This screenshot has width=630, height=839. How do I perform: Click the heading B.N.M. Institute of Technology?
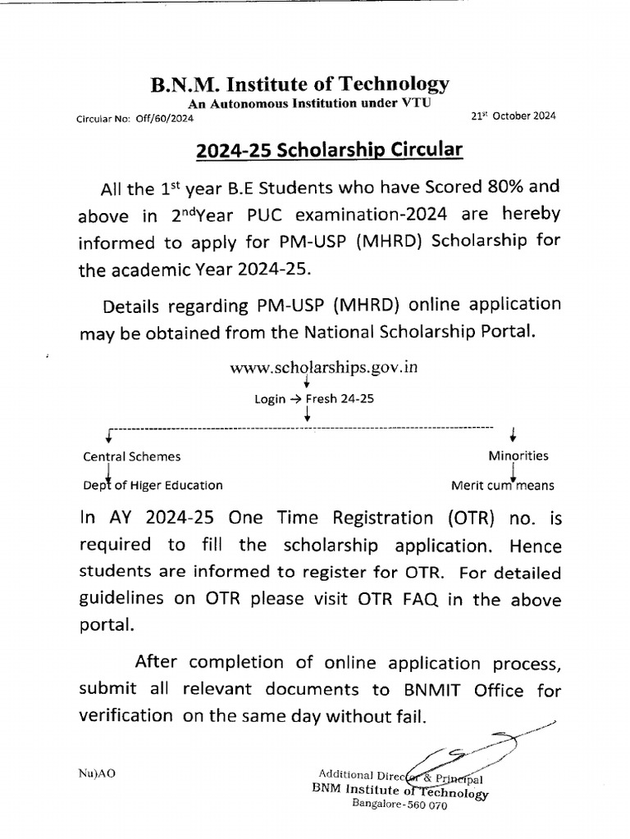[x=299, y=84]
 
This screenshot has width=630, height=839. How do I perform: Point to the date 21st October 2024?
[x=513, y=116]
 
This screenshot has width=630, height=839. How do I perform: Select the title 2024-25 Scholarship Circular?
[x=329, y=150]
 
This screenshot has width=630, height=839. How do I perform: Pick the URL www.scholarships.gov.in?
[x=325, y=368]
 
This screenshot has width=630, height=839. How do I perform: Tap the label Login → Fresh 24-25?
[x=306, y=399]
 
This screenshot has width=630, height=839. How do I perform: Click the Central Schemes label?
[x=132, y=456]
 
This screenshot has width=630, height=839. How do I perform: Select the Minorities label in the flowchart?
[x=518, y=456]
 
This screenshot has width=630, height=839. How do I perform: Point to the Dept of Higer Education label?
[x=153, y=485]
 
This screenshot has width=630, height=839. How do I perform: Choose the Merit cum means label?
[x=502, y=485]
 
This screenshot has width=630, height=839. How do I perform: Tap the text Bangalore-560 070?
[x=399, y=805]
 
